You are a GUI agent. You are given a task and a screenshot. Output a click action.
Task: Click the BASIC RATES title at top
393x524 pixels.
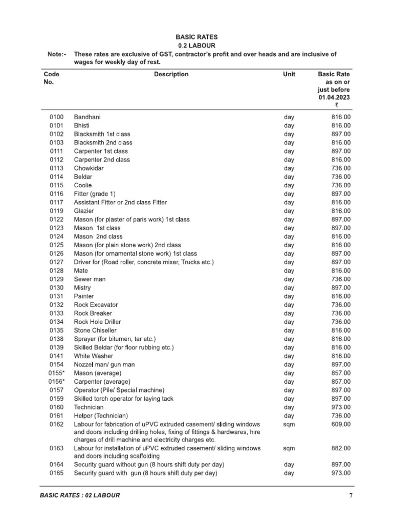point(196,37)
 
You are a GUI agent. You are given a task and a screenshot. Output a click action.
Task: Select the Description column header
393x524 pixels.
point(171,74)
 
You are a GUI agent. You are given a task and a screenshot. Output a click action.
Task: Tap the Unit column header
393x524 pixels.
point(289,74)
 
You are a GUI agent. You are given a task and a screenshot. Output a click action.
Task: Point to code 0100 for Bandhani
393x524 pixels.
point(56,117)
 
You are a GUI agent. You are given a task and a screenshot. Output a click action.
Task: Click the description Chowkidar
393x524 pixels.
point(90,168)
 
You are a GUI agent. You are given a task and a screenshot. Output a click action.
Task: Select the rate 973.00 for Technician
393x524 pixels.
point(340,407)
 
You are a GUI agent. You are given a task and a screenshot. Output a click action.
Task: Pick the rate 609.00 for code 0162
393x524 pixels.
point(340,424)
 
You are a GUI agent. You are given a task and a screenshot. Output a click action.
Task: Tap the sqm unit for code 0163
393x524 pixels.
point(289,448)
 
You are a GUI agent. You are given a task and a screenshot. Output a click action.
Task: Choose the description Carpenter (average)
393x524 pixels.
point(102,382)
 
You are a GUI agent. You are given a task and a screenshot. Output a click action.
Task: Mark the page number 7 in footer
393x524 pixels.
point(351,495)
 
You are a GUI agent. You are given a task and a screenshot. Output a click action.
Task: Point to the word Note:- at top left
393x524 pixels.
point(53,54)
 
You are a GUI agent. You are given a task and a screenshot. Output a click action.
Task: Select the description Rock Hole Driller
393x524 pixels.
point(98,322)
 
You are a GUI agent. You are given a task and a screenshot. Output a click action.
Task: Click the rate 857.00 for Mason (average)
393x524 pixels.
point(340,373)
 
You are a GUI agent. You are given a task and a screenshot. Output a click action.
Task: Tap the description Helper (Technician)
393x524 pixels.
point(101,416)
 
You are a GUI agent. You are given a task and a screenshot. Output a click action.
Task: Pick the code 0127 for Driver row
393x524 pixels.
point(56,262)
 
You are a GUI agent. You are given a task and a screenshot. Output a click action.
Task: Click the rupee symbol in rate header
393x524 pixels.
point(336,105)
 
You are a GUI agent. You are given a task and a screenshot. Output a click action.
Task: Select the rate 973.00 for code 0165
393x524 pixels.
point(340,473)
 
